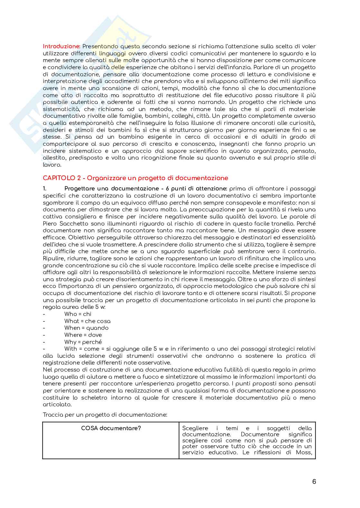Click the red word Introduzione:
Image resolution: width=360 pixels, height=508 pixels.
62,46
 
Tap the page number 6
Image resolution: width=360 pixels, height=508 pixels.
314,482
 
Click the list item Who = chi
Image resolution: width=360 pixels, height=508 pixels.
78,314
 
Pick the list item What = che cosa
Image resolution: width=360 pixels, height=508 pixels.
87,321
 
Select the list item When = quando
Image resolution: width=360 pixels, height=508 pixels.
86,328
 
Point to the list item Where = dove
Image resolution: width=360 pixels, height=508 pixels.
83,335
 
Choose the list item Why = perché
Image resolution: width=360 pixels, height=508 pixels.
83,342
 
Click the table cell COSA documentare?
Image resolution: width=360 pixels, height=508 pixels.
111,428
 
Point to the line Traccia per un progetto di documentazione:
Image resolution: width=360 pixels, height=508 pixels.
105,415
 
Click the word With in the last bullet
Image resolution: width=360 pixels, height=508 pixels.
71,349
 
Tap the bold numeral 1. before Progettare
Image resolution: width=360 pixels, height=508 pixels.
45,189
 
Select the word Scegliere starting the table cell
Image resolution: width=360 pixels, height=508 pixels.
195,428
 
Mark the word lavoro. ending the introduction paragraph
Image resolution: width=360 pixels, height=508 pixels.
52,165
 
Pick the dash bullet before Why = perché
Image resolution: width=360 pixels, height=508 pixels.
44,342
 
